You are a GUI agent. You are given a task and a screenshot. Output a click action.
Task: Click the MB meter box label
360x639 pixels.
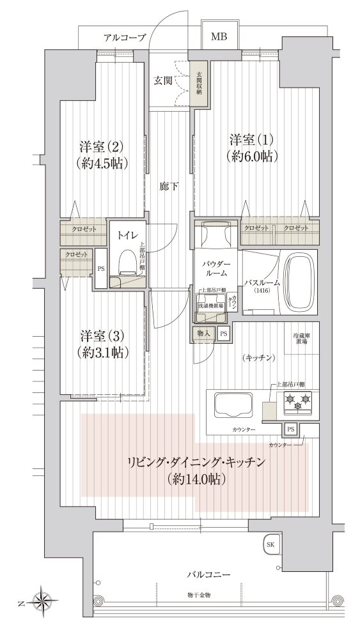(x=219, y=37)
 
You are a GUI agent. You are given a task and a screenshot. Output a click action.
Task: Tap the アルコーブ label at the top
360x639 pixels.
(x=125, y=38)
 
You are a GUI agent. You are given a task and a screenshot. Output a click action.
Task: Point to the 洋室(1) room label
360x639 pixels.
(x=254, y=140)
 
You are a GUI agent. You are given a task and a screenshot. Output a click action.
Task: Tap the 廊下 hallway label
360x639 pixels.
(x=169, y=187)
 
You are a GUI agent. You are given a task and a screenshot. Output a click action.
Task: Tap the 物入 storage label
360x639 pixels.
(x=204, y=333)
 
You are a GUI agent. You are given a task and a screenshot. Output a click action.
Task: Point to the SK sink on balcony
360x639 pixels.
(x=270, y=545)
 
